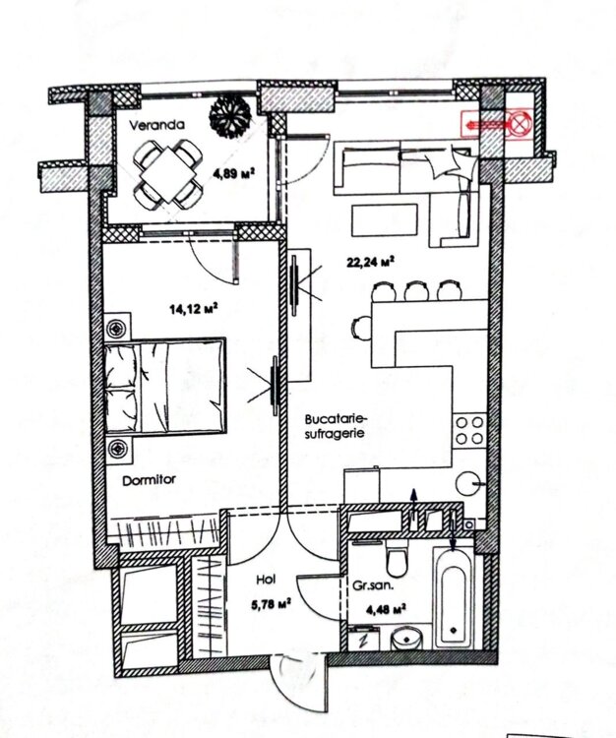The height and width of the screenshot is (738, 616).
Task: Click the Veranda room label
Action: tap(156, 126)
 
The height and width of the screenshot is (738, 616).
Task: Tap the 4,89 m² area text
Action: tap(234, 173)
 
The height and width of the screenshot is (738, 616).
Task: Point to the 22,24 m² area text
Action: tap(370, 262)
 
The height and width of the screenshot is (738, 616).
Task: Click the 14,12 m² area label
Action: tap(194, 309)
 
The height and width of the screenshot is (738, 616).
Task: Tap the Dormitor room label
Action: tap(150, 480)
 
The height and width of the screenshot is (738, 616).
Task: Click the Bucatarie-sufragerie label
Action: tap(335, 426)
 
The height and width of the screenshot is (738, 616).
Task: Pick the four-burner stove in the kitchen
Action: tap(469, 431)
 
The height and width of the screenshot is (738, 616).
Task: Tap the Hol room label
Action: tap(266, 580)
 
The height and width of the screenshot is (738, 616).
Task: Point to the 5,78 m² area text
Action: tap(271, 603)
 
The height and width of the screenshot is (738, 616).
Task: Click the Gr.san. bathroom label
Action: tap(373, 586)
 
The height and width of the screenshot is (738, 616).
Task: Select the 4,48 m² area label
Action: tap(387, 610)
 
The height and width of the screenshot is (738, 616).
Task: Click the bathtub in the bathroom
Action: tap(454, 597)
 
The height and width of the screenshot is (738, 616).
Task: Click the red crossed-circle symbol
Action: tap(519, 124)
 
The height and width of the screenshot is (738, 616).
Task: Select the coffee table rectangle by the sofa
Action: tap(384, 219)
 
